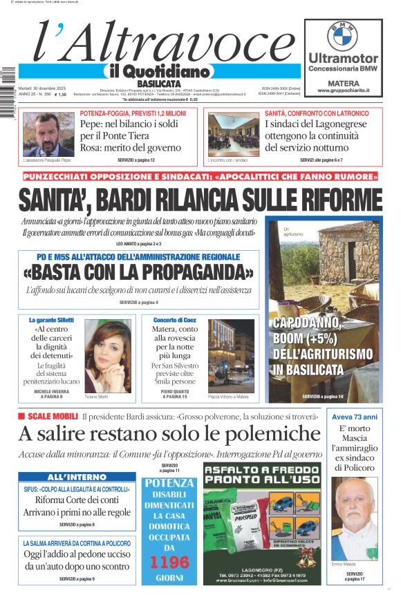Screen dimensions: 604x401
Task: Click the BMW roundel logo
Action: [x=343, y=35]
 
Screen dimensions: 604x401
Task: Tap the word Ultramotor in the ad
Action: [x=343, y=59]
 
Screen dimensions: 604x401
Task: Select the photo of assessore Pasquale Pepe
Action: [x=48, y=134]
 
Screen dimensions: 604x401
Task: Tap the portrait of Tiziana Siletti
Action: [x=107, y=356]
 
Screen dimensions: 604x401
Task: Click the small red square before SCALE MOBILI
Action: [x=21, y=416]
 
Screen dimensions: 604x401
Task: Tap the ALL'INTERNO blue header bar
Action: [x=77, y=477]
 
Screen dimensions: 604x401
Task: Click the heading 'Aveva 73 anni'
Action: [x=353, y=417]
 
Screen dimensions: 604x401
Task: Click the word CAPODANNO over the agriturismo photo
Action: [x=306, y=323]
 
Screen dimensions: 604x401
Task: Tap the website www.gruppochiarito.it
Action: [x=343, y=91]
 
